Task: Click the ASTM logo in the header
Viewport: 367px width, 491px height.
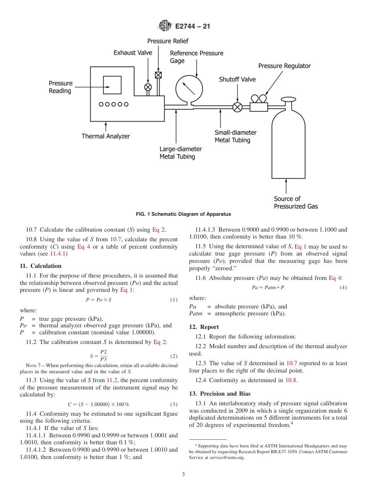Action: [x=165, y=27]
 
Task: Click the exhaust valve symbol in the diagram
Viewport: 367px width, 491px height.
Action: [x=148, y=87]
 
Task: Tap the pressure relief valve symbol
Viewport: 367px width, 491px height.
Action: [x=158, y=75]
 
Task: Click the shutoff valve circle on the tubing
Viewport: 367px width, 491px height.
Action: [x=238, y=107]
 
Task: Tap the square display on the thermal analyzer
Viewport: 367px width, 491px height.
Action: [x=112, y=85]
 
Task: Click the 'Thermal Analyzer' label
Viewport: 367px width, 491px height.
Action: [x=105, y=136]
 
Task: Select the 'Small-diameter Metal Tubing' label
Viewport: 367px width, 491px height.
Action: [x=235, y=136]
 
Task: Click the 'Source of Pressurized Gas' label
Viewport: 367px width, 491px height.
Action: [x=296, y=203]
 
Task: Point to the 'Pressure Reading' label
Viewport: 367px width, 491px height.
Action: [x=60, y=87]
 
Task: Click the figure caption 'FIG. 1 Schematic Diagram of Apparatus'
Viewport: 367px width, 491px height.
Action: [x=183, y=214]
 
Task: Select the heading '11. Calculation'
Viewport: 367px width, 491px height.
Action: [x=41, y=266]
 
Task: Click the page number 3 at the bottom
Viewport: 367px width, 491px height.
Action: [x=183, y=474]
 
